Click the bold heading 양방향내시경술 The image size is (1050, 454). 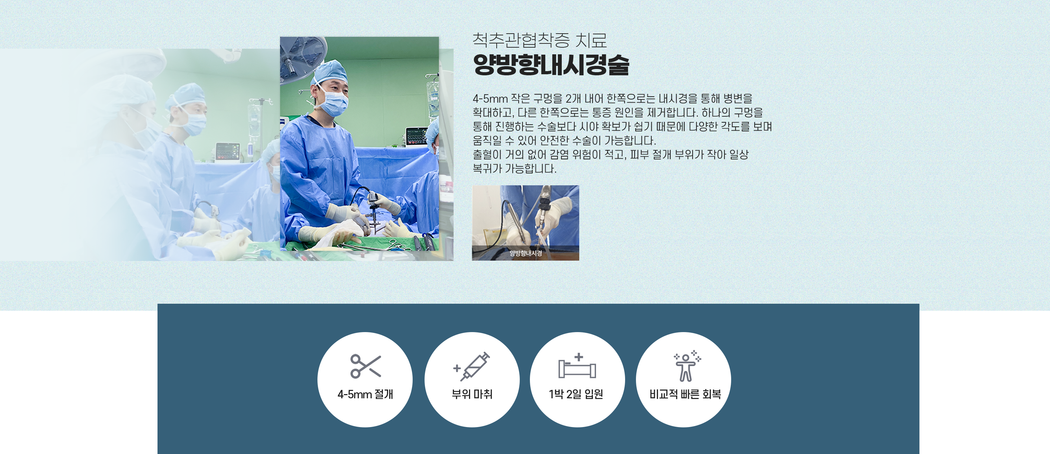pyautogui.click(x=551, y=65)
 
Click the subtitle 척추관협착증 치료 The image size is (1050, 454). pyautogui.click(x=540, y=40)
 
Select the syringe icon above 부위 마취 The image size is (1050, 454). pyautogui.click(x=471, y=366)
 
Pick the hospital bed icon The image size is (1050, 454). pyautogui.click(x=577, y=366)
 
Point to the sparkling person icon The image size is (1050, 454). pyautogui.click(x=687, y=365)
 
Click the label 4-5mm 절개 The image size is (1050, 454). pyautogui.click(x=365, y=394)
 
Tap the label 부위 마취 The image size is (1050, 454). pyautogui.click(x=472, y=394)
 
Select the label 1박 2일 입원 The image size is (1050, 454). pyautogui.click(x=576, y=394)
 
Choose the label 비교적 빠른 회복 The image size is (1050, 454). pyautogui.click(x=685, y=394)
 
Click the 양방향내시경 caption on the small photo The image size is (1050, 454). pyautogui.click(x=526, y=253)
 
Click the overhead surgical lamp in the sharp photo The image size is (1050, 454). pyautogui.click(x=302, y=57)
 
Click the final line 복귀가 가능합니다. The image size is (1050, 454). pyautogui.click(x=514, y=168)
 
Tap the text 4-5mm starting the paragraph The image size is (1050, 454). pyautogui.click(x=490, y=98)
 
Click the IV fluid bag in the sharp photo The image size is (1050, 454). pyautogui.click(x=433, y=98)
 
